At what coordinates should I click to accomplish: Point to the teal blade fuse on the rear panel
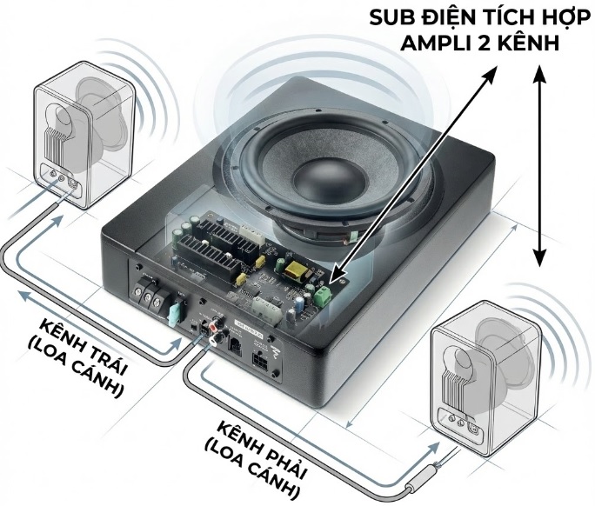click(x=174, y=310)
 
